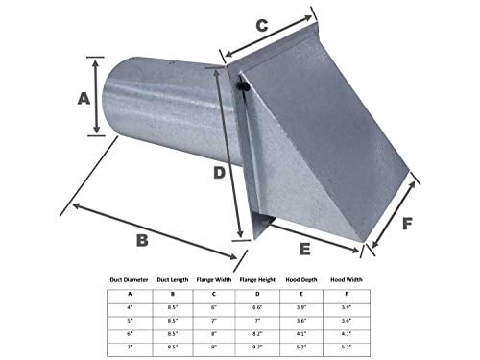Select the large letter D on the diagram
pos(219,173)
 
